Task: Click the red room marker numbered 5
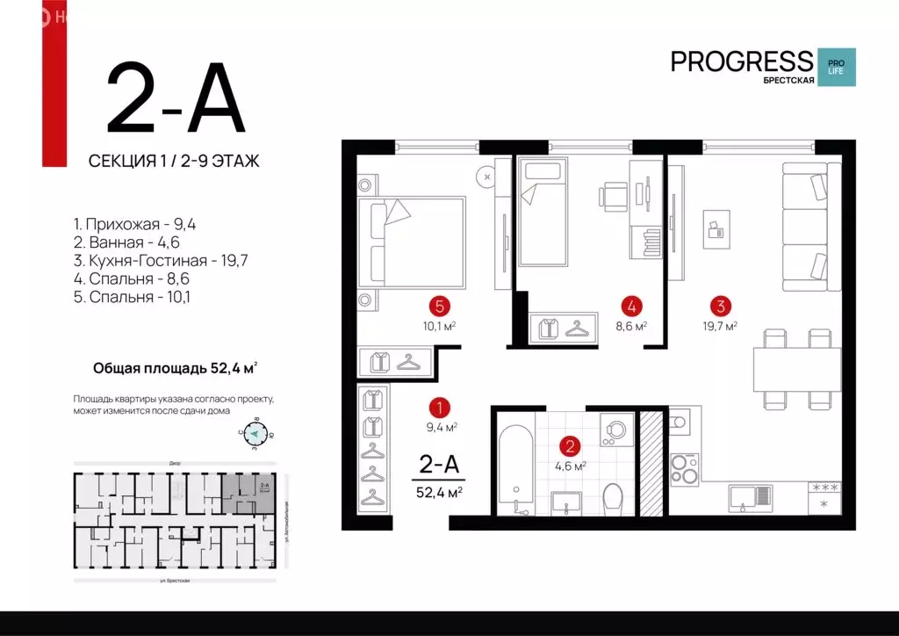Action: (x=441, y=307)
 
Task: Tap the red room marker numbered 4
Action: (x=630, y=307)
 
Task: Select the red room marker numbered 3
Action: (x=721, y=307)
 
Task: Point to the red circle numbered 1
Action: (x=439, y=408)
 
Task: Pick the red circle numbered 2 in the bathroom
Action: (x=570, y=445)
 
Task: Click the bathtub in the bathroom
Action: (x=514, y=469)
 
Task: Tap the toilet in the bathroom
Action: (x=613, y=495)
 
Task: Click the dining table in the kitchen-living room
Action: (x=796, y=369)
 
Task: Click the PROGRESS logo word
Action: (x=742, y=61)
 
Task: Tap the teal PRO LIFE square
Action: (x=836, y=68)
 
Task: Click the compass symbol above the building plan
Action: (x=255, y=434)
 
